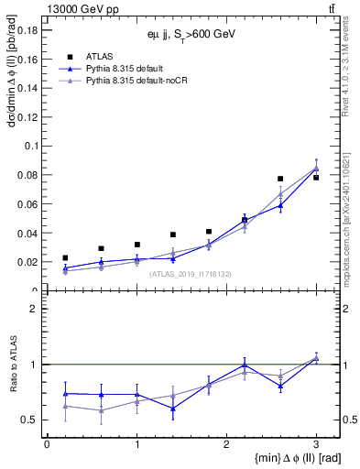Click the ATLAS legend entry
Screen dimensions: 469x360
(x=99, y=56)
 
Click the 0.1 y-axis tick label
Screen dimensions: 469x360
(x=29, y=146)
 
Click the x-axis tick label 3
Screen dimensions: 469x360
(x=316, y=443)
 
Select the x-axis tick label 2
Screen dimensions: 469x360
(x=226, y=443)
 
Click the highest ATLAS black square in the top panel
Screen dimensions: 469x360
(x=316, y=177)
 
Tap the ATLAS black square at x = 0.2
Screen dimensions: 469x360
(x=65, y=258)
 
